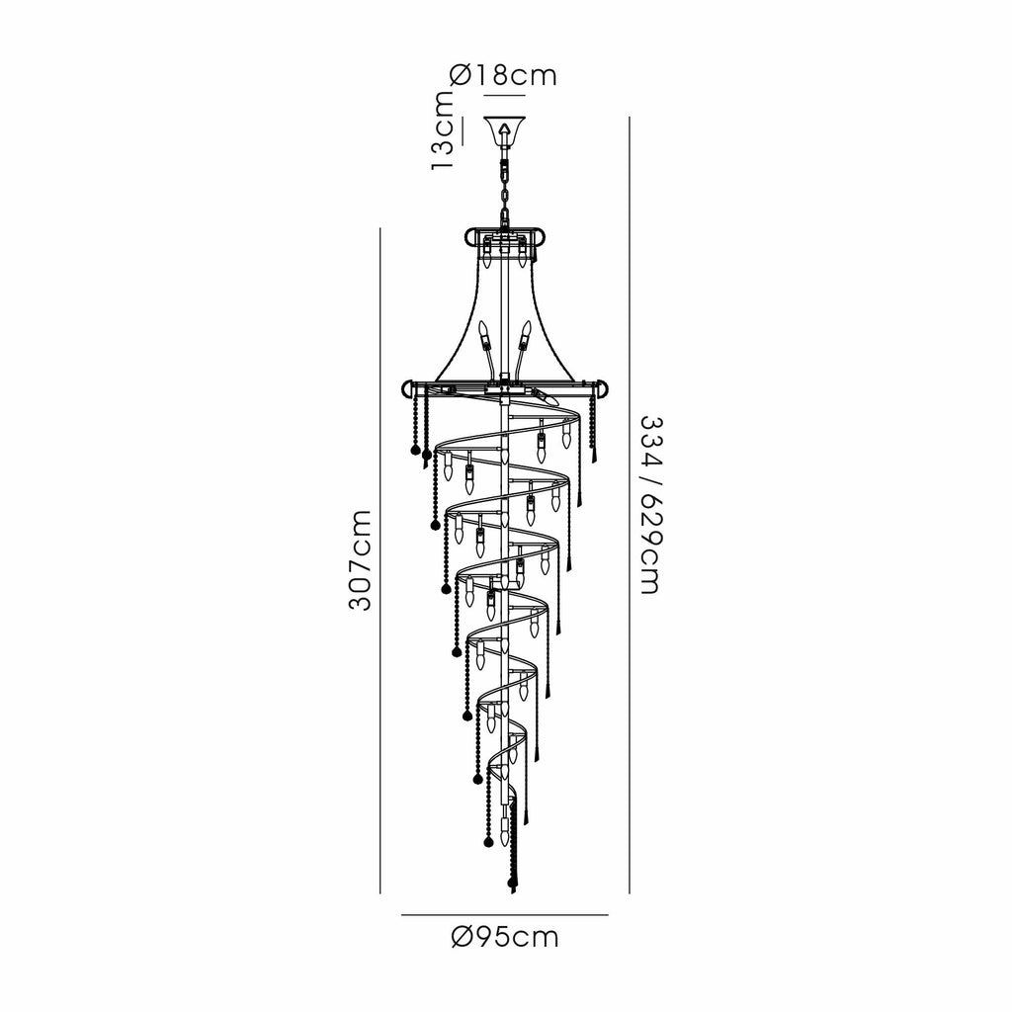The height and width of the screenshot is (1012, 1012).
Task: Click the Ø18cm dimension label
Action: click(503, 75)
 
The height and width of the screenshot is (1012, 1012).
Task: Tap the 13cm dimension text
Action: click(443, 130)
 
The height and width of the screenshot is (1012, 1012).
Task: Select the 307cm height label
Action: click(360, 560)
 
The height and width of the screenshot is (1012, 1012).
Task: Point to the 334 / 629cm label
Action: click(650, 505)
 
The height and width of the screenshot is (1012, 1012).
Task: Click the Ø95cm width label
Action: click(505, 937)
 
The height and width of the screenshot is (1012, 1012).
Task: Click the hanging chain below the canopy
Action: click(505, 187)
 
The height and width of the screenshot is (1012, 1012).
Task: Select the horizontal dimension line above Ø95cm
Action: click(505, 914)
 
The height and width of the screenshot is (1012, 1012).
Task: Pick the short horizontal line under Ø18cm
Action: click(505, 96)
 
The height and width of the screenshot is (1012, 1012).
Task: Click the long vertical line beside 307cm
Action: click(380, 561)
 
